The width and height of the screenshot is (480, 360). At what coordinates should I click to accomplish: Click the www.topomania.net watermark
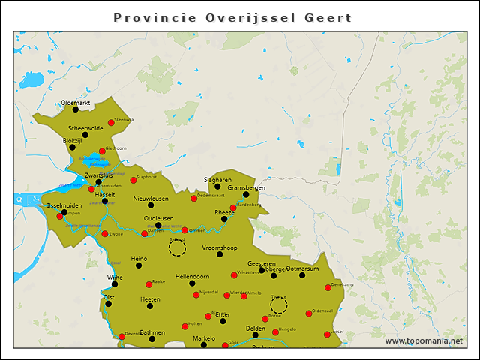424,340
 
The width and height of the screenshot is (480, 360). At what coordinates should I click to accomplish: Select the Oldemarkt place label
75,102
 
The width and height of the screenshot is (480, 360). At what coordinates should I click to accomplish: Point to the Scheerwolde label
85,127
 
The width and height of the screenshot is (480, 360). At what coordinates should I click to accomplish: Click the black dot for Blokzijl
73,147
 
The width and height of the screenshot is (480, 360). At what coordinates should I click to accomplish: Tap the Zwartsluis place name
98,175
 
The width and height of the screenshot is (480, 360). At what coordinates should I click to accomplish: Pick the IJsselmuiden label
64,205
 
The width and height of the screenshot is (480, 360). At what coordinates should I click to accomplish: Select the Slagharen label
217,180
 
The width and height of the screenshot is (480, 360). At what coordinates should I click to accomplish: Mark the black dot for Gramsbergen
246,194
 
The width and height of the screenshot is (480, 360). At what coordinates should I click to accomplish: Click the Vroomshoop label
220,247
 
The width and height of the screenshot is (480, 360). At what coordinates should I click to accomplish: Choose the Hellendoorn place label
192,277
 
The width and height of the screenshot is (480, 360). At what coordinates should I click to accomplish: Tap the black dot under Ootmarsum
302,275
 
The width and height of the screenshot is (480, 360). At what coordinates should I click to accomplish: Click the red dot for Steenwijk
111,122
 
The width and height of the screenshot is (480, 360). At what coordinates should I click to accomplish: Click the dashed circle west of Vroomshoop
178,248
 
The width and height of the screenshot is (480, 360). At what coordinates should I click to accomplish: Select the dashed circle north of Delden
278,304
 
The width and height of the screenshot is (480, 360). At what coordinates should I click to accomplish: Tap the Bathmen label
152,331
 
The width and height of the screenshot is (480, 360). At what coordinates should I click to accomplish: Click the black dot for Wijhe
115,283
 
